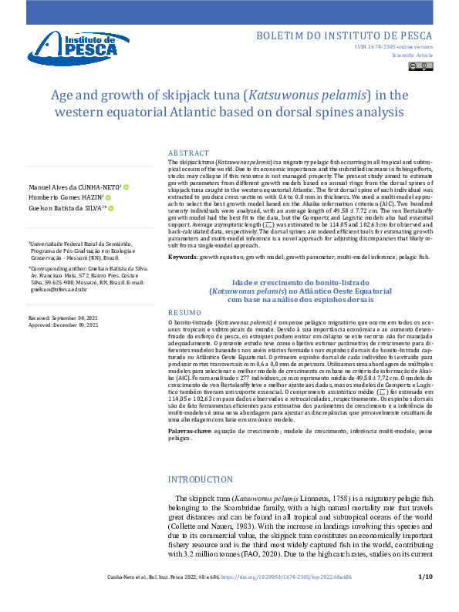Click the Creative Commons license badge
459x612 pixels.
(x=422, y=67)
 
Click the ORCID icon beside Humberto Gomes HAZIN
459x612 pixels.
(x=108, y=197)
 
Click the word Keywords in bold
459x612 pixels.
(x=182, y=277)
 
